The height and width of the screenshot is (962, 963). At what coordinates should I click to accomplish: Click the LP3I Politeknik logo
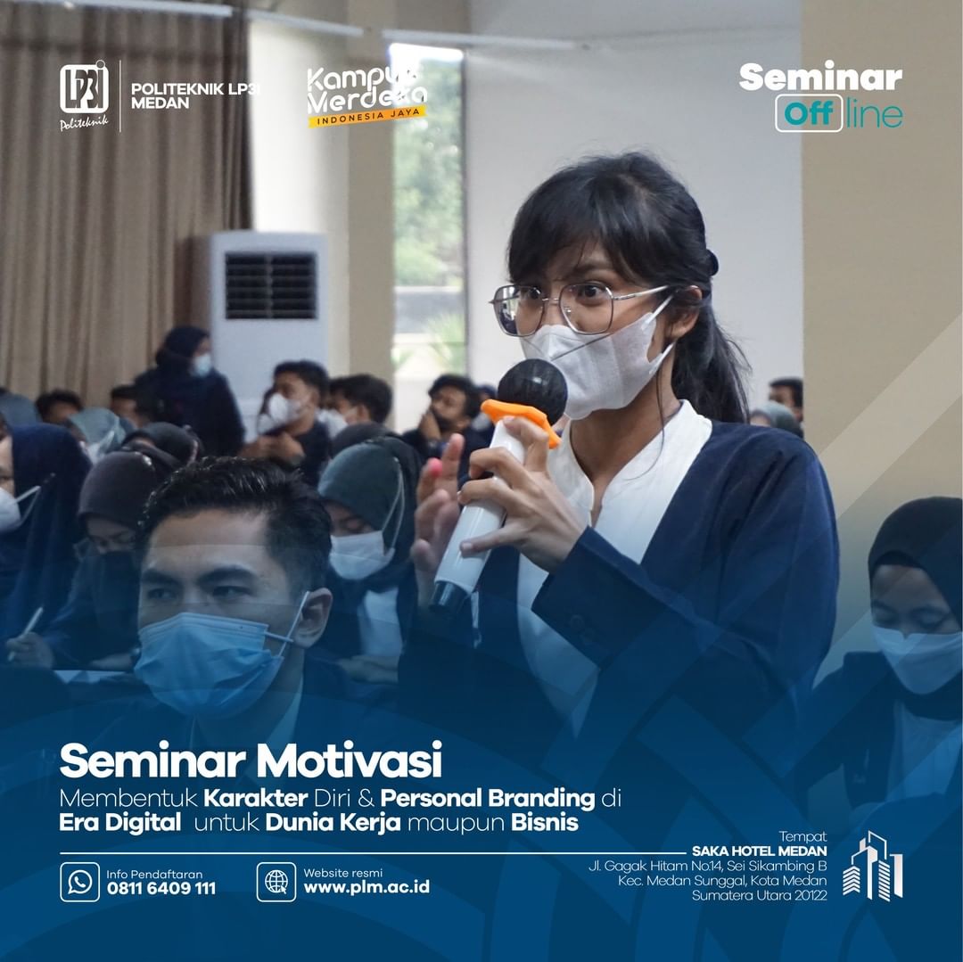tap(84, 95)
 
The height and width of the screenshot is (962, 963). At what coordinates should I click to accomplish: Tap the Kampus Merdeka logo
tap(367, 95)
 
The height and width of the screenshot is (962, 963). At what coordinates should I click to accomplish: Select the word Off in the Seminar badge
tap(809, 113)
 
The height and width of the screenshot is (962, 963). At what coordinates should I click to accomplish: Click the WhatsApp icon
tap(80, 882)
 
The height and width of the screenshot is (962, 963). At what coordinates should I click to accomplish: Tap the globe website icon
tap(276, 882)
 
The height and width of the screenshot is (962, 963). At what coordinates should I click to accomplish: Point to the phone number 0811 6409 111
tap(160, 888)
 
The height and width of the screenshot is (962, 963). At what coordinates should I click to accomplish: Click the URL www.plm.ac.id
tap(366, 887)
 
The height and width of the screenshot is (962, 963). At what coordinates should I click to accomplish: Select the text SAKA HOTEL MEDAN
tap(759, 851)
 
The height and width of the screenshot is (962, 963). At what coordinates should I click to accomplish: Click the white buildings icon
tap(872, 866)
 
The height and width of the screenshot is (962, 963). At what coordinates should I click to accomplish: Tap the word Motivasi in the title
tap(349, 760)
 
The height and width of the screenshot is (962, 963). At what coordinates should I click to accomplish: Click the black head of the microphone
tap(531, 390)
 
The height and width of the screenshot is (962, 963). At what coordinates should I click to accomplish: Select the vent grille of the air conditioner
tap(270, 285)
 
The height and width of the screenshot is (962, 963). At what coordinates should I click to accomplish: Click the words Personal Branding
tap(488, 798)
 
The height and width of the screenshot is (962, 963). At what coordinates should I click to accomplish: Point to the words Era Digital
tap(119, 823)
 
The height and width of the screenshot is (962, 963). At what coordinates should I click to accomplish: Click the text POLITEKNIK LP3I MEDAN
tap(194, 95)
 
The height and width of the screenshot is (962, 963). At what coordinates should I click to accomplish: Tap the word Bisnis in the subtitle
tap(545, 823)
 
